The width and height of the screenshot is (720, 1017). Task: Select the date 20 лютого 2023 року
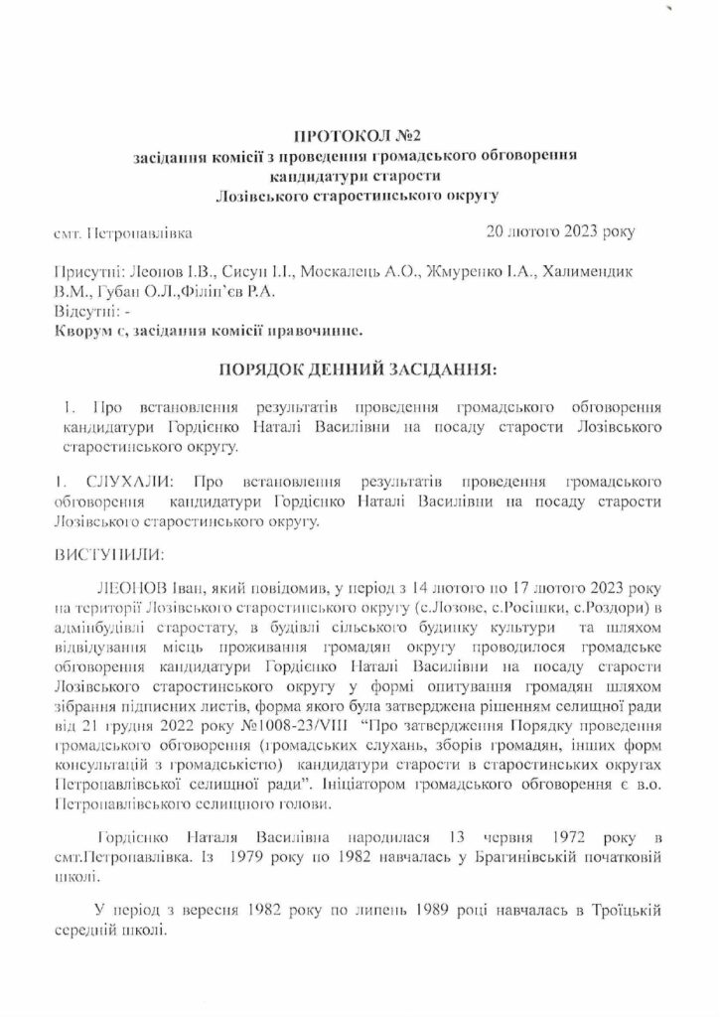click(x=560, y=233)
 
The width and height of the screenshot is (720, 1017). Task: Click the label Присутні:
click(x=86, y=271)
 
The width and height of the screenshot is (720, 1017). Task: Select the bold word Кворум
click(x=84, y=330)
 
